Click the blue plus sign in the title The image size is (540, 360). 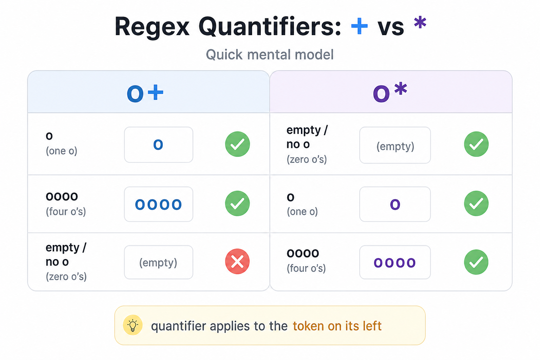tap(359, 26)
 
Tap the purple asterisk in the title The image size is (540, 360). tap(420, 22)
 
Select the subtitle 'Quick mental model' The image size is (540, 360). tap(270, 54)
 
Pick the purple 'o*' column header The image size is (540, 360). tap(390, 92)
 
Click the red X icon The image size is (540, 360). tap(237, 261)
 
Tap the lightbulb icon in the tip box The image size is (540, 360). tap(133, 325)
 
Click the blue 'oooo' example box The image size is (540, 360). tap(159, 204)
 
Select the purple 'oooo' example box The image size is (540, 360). tap(395, 262)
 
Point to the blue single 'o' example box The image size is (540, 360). tap(159, 145)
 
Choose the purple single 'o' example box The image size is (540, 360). tap(395, 204)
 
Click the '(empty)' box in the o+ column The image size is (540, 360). tap(159, 262)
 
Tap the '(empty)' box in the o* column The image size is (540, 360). tap(395, 145)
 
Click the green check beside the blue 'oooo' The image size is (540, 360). tap(237, 203)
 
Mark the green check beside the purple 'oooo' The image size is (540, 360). tap(476, 262)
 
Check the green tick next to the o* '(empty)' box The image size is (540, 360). tap(476, 144)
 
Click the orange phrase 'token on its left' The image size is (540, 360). tap(337, 326)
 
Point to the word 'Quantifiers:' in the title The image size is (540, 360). tap(270, 26)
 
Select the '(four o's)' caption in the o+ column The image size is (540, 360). tap(66, 212)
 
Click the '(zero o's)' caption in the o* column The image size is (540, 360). tap(307, 159)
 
